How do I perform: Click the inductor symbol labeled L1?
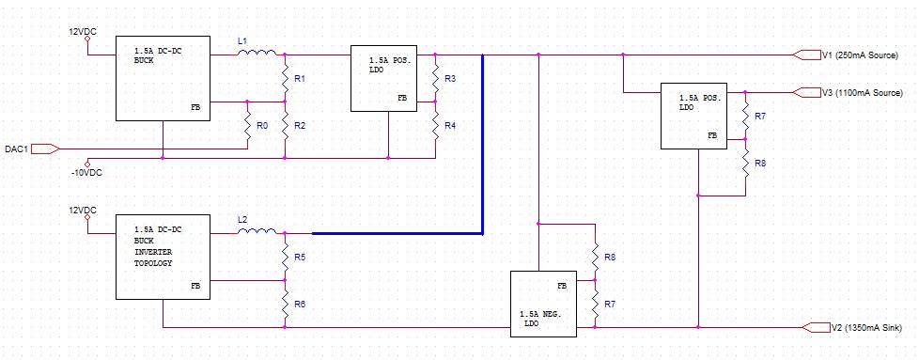point(256,54)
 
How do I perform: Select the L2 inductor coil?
point(256,231)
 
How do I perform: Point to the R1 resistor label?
point(299,79)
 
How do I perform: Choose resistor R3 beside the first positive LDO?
point(435,79)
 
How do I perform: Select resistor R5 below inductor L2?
point(285,256)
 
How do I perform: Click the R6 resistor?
point(285,305)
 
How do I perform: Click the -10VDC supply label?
point(86,173)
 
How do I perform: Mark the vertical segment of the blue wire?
point(482,141)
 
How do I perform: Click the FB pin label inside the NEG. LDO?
point(562,285)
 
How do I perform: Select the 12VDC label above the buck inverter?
point(82,210)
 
